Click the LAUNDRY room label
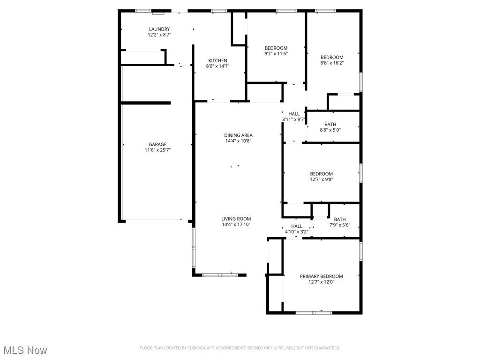click(x=159, y=29)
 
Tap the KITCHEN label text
click(x=218, y=60)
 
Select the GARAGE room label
click(x=157, y=144)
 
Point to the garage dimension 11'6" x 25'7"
click(x=157, y=150)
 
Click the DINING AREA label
click(x=238, y=135)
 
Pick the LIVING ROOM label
click(x=236, y=218)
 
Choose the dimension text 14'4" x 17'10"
click(x=236, y=225)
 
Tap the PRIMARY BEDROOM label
click(x=322, y=276)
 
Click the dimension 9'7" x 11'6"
click(x=276, y=53)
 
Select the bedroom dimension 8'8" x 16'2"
click(x=332, y=63)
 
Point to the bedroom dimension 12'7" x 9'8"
click(x=321, y=179)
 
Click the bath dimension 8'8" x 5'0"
click(x=330, y=130)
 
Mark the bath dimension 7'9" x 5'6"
click(x=340, y=225)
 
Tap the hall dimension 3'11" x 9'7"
click(x=294, y=120)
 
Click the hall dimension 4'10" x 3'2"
click(x=297, y=232)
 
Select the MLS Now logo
click(x=25, y=350)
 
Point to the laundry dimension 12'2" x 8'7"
click(x=159, y=35)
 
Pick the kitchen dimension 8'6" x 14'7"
click(x=218, y=66)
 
